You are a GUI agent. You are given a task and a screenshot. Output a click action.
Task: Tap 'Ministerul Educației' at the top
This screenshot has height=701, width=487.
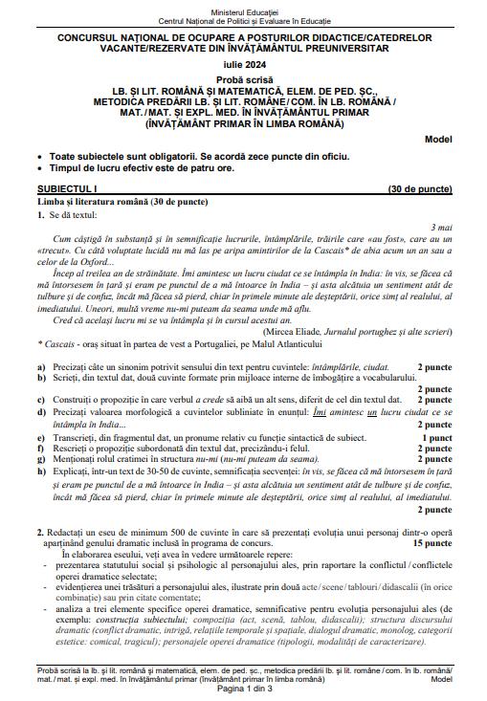click(x=243, y=8)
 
